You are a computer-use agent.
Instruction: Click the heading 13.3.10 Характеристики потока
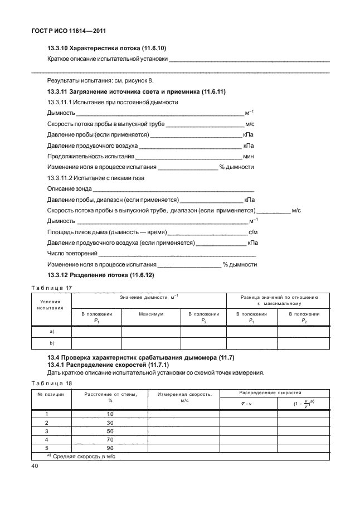(103, 49)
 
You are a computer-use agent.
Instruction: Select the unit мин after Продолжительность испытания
(249, 156)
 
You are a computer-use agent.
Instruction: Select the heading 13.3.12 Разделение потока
(100, 275)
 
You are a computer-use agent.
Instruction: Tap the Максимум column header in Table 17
(150, 314)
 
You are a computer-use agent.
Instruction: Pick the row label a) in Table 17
(51, 331)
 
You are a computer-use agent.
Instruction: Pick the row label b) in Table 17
(51, 343)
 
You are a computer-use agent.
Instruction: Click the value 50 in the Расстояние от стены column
(110, 431)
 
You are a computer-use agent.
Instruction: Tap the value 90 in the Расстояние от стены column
(110, 448)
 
